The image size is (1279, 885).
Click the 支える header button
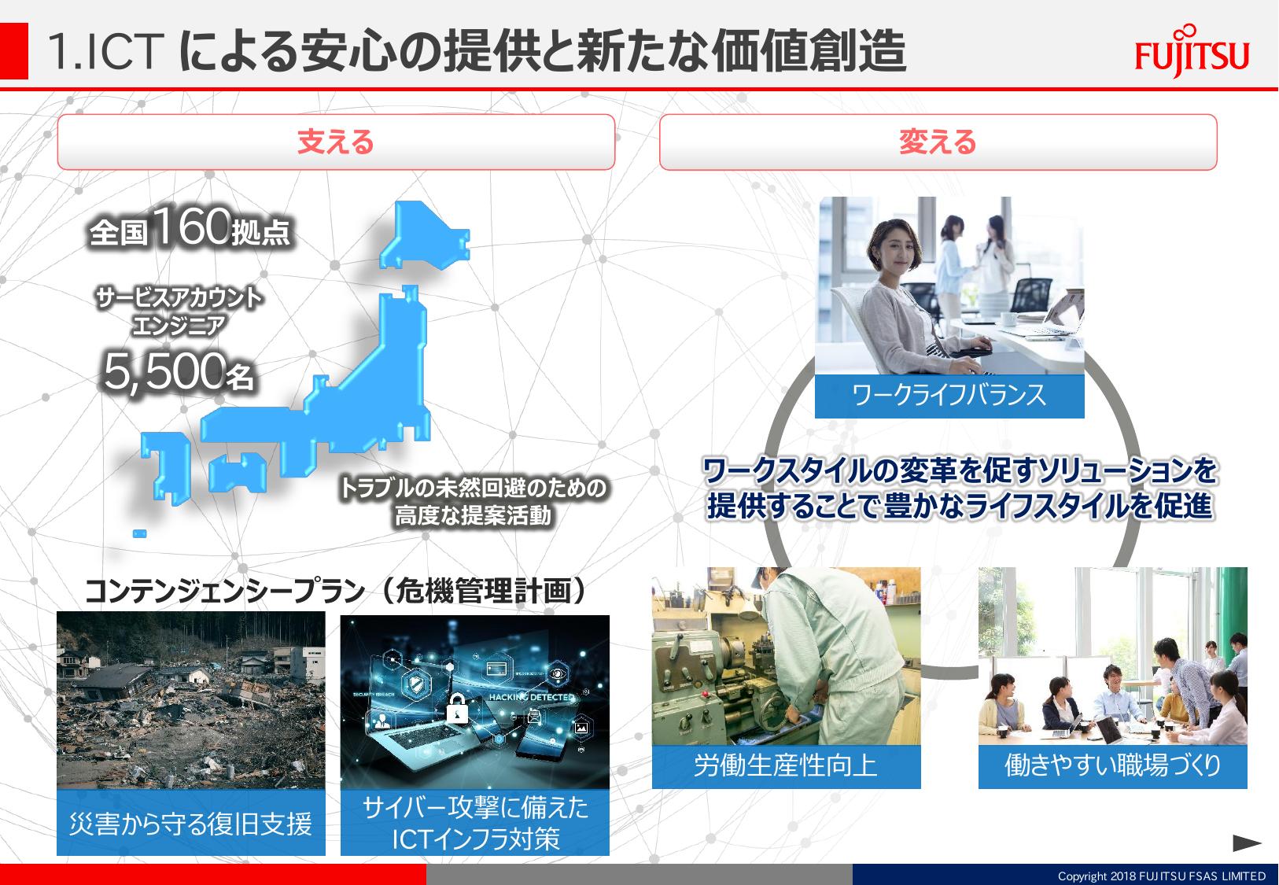336,142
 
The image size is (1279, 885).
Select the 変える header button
938,142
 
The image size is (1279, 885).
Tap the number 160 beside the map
190,226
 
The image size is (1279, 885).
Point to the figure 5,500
164,371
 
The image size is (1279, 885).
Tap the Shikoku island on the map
237,472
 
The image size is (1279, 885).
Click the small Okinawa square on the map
139,533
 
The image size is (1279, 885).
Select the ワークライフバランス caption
949,395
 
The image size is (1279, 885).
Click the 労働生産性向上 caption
786,765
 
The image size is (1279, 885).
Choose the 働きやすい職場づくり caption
1112,765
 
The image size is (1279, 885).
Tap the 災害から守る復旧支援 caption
190,823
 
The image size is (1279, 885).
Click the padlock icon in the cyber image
456,709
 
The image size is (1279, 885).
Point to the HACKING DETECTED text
531,697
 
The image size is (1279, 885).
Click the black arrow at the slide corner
1247,843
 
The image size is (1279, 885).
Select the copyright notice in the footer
1161,876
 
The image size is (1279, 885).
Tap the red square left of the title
13,51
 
